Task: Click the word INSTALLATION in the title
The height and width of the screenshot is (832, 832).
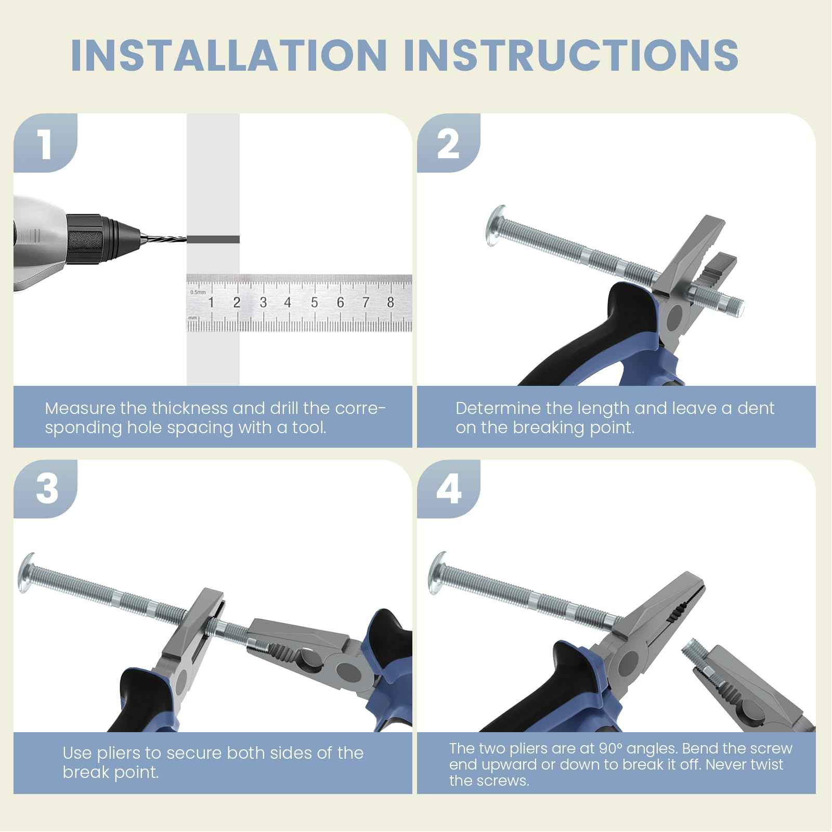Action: (x=229, y=55)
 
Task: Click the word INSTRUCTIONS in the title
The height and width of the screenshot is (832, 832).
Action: (x=571, y=55)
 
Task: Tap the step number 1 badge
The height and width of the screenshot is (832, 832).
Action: (x=45, y=143)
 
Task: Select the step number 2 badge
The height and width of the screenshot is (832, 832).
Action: (x=448, y=143)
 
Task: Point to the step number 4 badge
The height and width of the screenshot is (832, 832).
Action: (x=449, y=489)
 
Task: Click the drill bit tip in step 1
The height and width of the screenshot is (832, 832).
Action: (x=186, y=239)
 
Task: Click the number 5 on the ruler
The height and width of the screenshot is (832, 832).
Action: (x=314, y=302)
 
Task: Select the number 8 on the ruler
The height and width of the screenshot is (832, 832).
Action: (x=391, y=302)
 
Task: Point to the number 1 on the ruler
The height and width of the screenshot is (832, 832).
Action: (x=211, y=302)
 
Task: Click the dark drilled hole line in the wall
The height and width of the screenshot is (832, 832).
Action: (x=213, y=239)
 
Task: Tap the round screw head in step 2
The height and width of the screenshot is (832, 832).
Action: (x=495, y=226)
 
